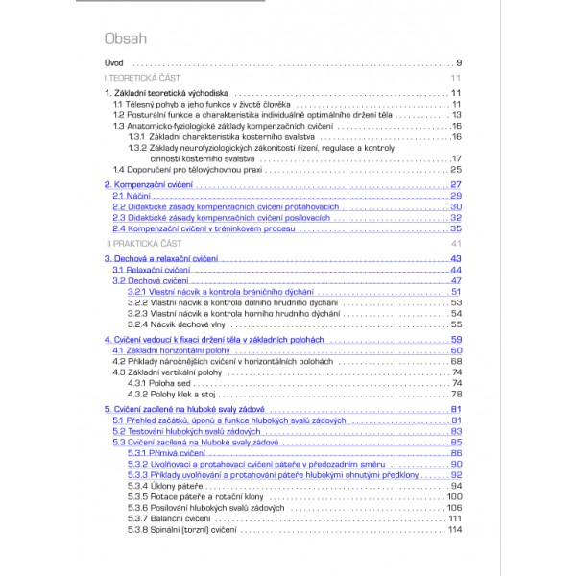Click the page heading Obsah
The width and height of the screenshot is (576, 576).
(125, 39)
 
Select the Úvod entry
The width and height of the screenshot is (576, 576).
(114, 63)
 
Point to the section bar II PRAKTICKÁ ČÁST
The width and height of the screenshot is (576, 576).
(140, 244)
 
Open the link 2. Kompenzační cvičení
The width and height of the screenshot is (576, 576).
(150, 184)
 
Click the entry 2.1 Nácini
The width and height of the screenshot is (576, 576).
(126, 196)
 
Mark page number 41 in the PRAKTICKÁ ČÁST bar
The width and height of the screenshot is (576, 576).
(457, 244)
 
